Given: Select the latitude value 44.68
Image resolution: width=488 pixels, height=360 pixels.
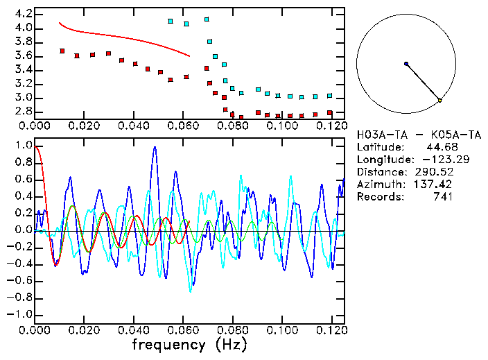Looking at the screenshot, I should (439, 146).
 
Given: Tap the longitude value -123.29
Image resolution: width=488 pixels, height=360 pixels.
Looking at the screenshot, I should (431, 159).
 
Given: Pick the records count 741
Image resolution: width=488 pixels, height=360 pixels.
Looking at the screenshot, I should (442, 196).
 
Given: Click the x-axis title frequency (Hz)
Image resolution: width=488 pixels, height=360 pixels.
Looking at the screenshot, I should (189, 345).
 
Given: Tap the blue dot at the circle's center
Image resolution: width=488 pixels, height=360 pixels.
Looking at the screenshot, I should (406, 64).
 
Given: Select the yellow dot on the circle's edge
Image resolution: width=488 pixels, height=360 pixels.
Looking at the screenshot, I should (439, 101).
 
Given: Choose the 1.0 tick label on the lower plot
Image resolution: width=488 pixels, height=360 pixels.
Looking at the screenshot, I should (23, 146).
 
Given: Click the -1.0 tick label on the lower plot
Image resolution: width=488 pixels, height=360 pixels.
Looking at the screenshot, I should (21, 314).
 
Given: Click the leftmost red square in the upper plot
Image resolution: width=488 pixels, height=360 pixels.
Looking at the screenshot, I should (62, 51).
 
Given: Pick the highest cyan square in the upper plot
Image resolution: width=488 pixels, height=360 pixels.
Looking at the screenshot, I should (207, 19).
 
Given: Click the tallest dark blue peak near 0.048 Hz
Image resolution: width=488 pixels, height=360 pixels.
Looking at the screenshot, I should (155, 148).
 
